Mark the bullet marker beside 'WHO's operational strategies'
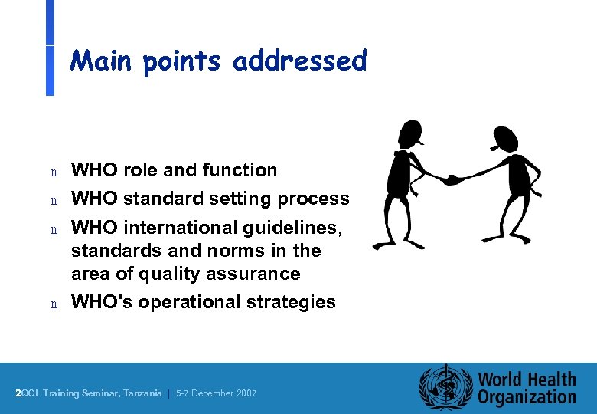[x=54, y=304]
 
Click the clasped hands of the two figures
[x=452, y=179]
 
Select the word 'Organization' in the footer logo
[x=527, y=397]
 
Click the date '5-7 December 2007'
[x=217, y=393]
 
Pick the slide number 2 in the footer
[x=18, y=393]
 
